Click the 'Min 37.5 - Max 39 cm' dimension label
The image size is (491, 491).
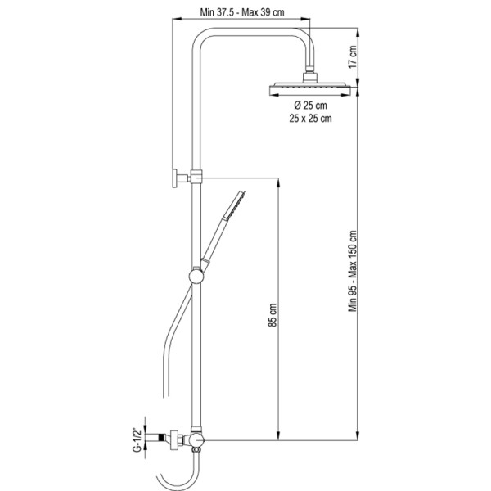tap(242, 12)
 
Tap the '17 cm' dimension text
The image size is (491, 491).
tap(353, 56)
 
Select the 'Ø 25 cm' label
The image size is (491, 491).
tap(310, 106)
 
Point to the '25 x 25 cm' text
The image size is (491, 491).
tap(310, 119)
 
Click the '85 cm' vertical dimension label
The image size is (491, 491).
tap(273, 315)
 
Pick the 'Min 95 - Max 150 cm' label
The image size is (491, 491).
tap(353, 271)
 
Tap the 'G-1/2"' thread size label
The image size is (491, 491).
tap(137, 439)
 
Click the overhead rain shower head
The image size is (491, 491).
tap(310, 88)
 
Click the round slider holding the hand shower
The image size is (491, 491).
tap(196, 277)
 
